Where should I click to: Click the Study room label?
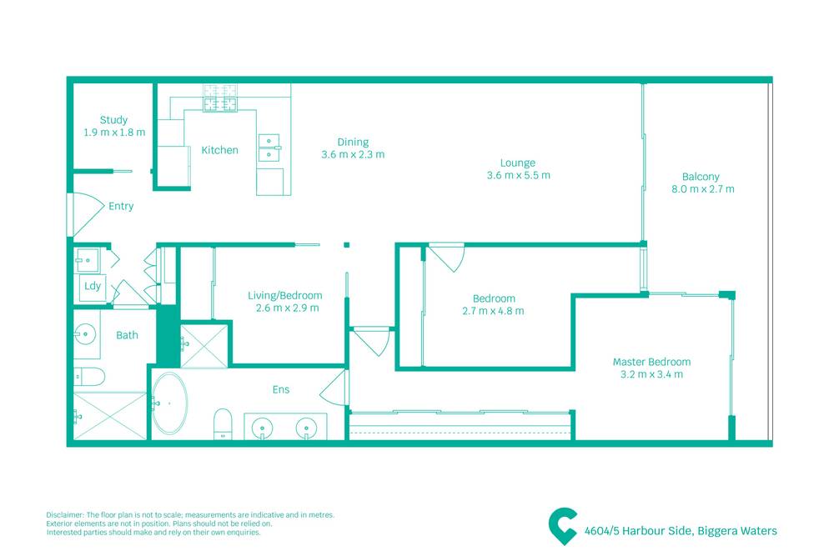coord(113,120)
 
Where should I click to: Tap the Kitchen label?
coord(219,151)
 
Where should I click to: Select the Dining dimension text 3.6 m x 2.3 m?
coord(352,154)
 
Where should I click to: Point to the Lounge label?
coord(517,163)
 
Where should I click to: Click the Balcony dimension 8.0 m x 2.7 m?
coord(702,189)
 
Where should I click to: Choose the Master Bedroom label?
coord(651,362)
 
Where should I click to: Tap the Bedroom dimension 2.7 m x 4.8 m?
coord(493,311)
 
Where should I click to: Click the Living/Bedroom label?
coord(284,296)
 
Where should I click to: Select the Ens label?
coord(280,388)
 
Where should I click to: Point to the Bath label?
coord(127,335)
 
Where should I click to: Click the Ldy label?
coord(92,286)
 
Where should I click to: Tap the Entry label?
coord(121,206)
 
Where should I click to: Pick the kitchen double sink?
coord(270,148)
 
